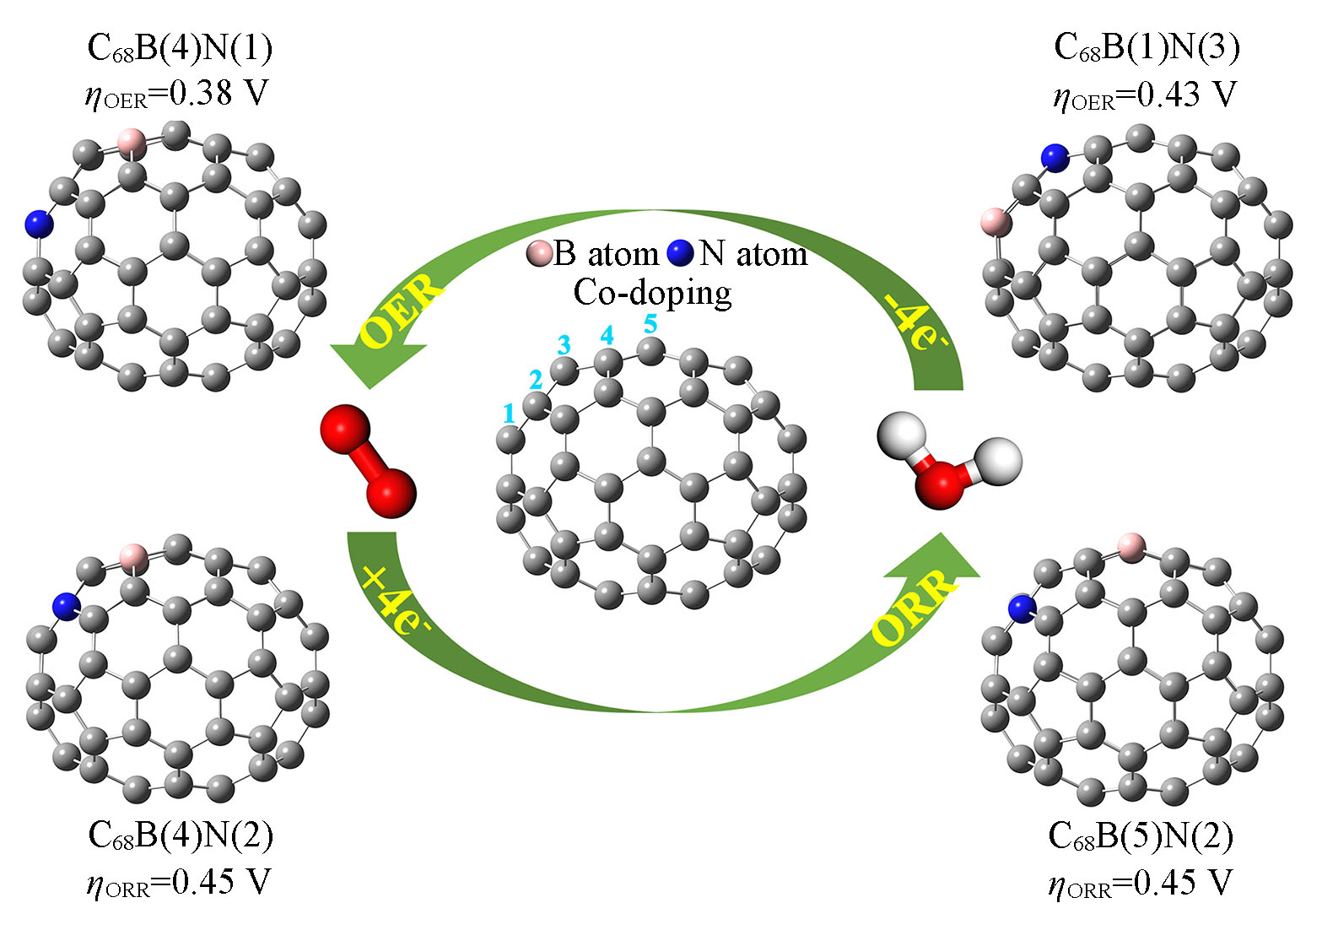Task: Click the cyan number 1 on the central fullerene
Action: point(508,413)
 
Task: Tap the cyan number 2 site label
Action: point(535,380)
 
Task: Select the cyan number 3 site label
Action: point(563,344)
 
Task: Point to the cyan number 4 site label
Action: point(606,335)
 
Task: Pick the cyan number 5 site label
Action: point(650,323)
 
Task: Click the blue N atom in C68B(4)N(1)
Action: point(38,224)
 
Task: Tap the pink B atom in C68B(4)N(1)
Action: point(132,142)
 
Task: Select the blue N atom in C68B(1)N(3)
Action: point(1054,156)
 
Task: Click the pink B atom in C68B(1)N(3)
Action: point(996,223)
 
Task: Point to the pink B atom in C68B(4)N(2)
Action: point(133,557)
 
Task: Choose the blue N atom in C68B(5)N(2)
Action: point(1023,608)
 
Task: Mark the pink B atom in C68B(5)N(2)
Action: point(1130,546)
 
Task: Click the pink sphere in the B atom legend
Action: point(538,253)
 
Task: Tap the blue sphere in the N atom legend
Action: point(680,253)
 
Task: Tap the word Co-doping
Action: point(652,293)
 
